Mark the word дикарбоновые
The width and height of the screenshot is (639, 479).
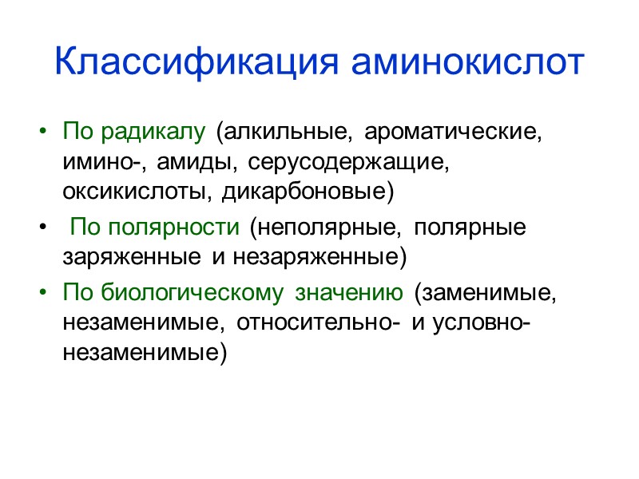point(308,193)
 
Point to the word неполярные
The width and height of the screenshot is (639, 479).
point(323,228)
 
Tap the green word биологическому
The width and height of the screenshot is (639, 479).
point(192,293)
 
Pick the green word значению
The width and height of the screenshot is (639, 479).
point(349,293)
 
